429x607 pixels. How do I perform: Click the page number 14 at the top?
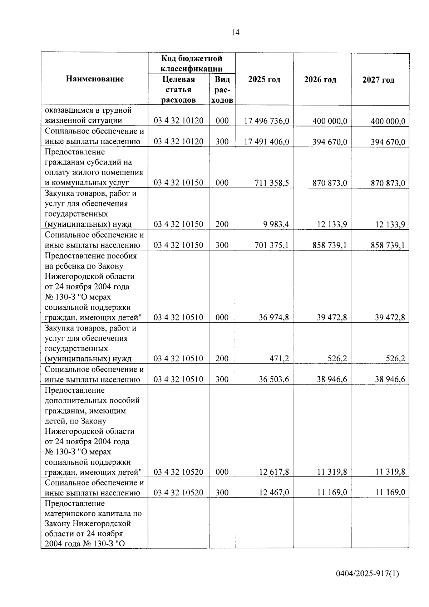[235, 33]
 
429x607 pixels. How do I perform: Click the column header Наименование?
[95, 79]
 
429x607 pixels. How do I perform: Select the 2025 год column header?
[264, 79]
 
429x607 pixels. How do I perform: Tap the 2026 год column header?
[320, 80]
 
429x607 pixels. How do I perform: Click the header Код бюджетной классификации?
[192, 63]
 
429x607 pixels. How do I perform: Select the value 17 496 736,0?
[266, 121]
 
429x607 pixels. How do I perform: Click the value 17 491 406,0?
[266, 142]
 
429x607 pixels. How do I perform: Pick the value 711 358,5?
[272, 183]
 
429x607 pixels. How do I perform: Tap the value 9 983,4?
[276, 225]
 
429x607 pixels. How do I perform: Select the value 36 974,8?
[274, 317]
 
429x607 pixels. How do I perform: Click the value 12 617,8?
[274, 472]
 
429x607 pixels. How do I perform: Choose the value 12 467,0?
[274, 493]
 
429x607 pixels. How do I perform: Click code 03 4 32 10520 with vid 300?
[178, 493]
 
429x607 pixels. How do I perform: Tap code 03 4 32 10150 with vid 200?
[178, 224]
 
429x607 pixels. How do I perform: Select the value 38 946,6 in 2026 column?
[331, 379]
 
